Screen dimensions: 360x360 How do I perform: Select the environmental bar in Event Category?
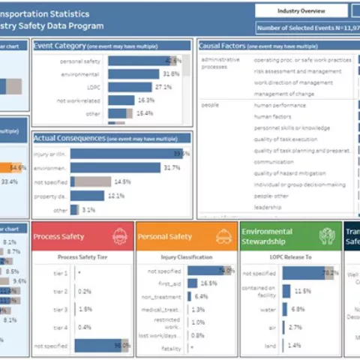click(x=133, y=73)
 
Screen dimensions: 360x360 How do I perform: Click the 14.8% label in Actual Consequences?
click(x=122, y=181)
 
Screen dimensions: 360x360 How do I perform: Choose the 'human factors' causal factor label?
click(x=274, y=116)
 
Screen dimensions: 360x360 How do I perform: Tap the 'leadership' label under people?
click(x=268, y=207)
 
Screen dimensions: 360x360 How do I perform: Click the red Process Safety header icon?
click(x=119, y=236)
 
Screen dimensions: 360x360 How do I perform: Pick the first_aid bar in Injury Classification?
click(x=193, y=283)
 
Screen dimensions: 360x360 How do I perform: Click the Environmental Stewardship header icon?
click(x=326, y=236)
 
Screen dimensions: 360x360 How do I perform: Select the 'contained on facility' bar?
click(x=286, y=291)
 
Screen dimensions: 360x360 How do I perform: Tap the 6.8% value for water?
click(x=298, y=309)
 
